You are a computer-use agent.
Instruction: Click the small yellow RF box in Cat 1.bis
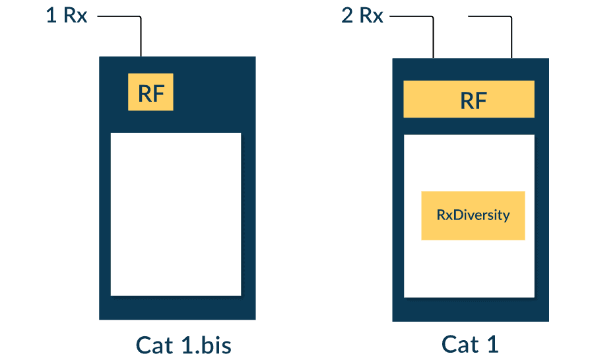click(150, 92)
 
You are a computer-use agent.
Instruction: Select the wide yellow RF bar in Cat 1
click(469, 99)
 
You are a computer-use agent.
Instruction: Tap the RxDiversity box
click(473, 215)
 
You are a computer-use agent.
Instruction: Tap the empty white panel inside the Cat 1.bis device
click(176, 214)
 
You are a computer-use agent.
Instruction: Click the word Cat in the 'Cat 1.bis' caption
click(155, 345)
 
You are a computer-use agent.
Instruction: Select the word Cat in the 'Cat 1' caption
click(459, 344)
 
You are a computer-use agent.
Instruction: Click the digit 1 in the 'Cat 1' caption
click(492, 344)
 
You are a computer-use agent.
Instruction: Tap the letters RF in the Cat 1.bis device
click(150, 93)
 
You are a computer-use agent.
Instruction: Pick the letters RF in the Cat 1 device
click(473, 100)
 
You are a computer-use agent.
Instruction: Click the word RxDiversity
click(473, 215)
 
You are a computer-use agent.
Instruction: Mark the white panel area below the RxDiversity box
click(469, 268)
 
